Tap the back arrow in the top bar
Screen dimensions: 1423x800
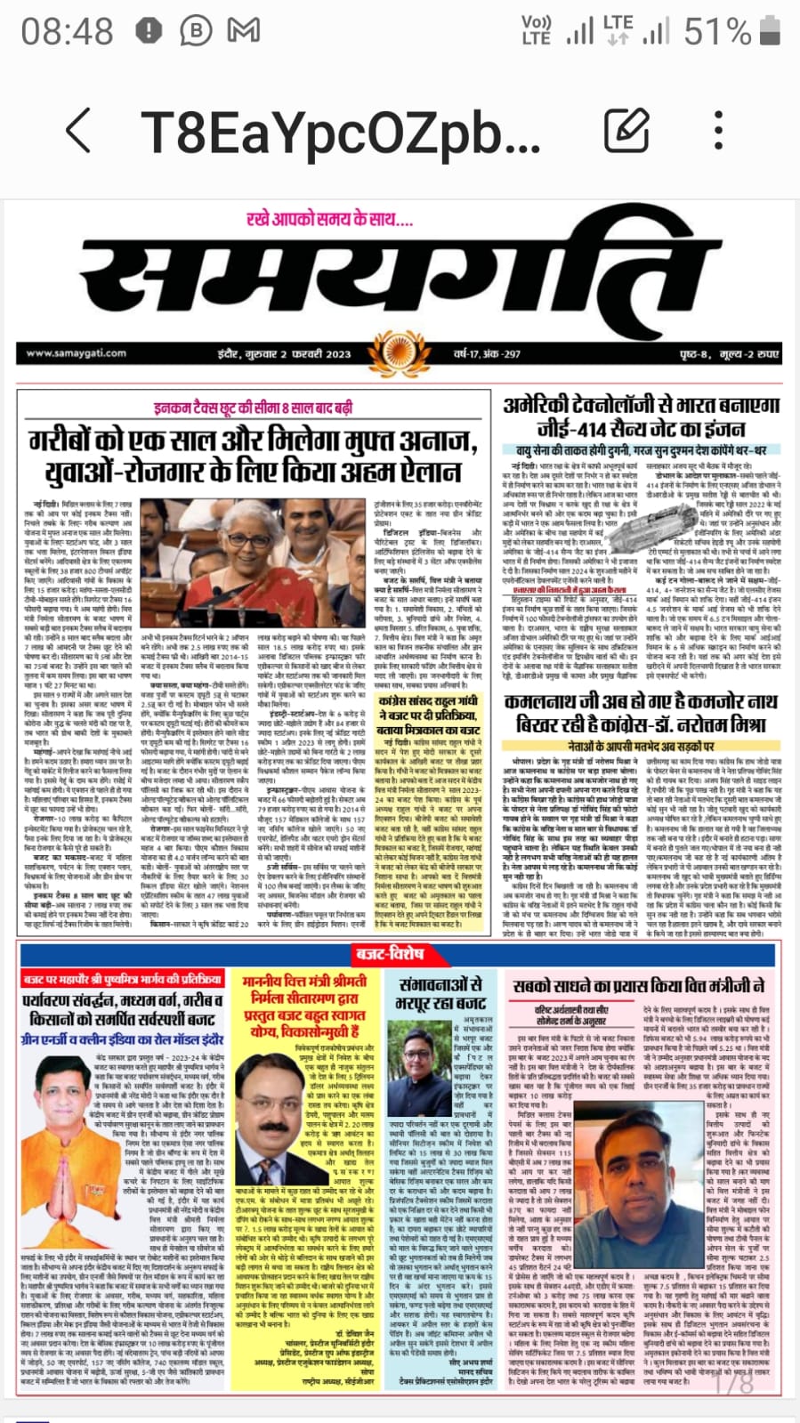click(x=78, y=131)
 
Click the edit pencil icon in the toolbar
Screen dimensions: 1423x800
click(x=626, y=131)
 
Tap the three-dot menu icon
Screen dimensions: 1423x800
click(x=717, y=131)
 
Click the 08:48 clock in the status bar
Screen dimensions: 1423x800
click(x=68, y=33)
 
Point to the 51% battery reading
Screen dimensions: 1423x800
click(x=717, y=33)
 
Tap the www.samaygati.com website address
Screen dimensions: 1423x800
click(x=76, y=353)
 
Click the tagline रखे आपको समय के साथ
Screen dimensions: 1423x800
click(x=329, y=219)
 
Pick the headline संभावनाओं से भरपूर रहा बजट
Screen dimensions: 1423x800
click(x=440, y=994)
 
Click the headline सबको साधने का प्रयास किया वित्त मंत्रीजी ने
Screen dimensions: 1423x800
click(x=639, y=986)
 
